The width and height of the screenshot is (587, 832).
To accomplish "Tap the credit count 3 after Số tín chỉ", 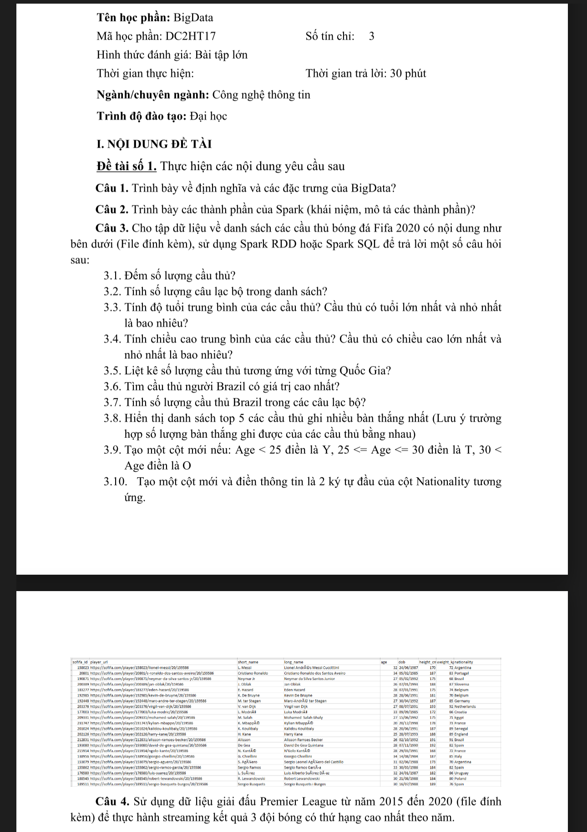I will point(371,36).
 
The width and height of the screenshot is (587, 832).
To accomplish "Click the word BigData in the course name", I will point(193,18).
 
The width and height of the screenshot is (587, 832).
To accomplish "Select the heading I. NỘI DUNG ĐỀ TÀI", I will point(154,144).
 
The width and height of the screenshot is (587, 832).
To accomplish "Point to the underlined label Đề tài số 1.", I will point(127,166).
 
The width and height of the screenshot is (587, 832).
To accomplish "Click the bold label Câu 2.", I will point(112,209).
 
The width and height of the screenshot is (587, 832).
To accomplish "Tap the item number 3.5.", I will point(112,371).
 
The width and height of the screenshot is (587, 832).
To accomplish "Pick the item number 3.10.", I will point(115,482).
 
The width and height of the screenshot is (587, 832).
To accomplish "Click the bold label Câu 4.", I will point(112,801).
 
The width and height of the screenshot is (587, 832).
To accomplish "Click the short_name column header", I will point(248,662).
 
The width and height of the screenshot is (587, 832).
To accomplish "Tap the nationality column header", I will point(464,662).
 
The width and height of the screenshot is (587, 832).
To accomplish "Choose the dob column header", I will point(402,662).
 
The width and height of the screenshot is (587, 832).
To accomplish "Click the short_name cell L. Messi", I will point(244,668).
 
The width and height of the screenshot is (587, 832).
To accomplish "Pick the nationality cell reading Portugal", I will point(462,673).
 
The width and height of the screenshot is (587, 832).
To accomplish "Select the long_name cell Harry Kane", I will point(293,734).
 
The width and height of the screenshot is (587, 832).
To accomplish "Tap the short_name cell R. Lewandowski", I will point(251,779).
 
